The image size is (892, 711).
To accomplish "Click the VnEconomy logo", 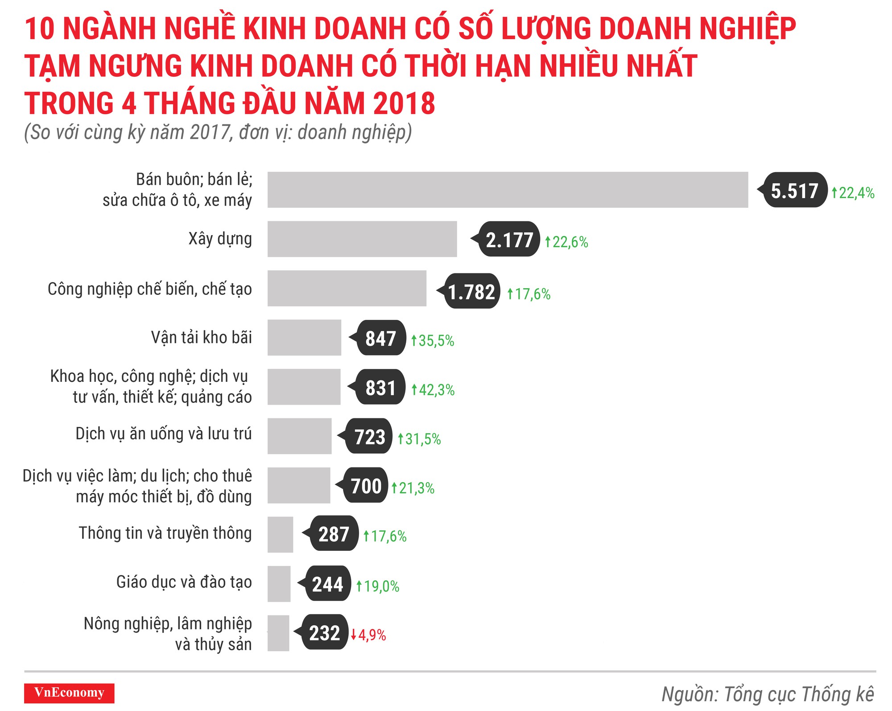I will coord(69,693).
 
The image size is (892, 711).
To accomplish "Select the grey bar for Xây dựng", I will coord(362,239).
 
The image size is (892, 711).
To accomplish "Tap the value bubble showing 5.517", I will coord(794,190).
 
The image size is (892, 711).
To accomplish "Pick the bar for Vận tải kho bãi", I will coord(304,338).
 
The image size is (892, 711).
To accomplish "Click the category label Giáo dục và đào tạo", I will coord(184,582).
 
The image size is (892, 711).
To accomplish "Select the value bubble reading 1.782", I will coord(471,292).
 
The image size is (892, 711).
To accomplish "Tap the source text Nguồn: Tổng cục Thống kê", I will coord(767,694).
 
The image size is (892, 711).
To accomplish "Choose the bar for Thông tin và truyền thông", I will coord(280,534).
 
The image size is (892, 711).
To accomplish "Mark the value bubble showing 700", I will coord(365,485).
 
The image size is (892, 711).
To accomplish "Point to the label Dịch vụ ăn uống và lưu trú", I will coord(163,434).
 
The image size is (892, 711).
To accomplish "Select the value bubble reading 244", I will coord(327,584).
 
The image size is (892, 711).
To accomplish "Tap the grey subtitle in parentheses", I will coord(218,132).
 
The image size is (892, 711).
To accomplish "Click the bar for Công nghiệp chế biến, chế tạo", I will coord(347,289).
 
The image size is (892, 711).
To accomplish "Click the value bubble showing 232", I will coord(324,633).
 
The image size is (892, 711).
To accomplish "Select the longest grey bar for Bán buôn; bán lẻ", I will coord(507,190).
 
